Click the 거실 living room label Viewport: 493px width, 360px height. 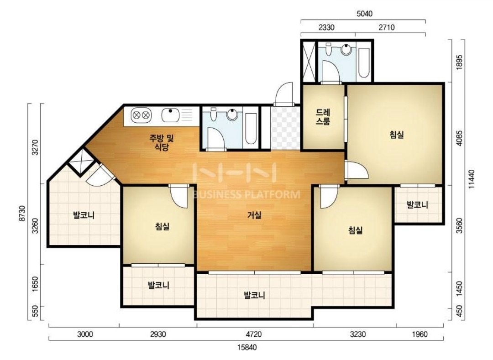pyautogui.click(x=254, y=215)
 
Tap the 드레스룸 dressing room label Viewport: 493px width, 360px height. pyautogui.click(x=323, y=117)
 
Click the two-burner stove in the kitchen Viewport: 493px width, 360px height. pyautogui.click(x=141, y=115)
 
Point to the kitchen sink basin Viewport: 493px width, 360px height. pyautogui.click(x=170, y=115)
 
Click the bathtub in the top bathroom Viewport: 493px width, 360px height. pyautogui.click(x=364, y=63)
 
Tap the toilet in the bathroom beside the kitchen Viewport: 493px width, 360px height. pyautogui.click(x=213, y=115)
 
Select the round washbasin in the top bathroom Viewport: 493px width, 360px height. pyautogui.click(x=346, y=49)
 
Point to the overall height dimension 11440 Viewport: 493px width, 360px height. pyautogui.click(x=471, y=179)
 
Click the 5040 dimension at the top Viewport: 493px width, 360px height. pyautogui.click(x=364, y=14)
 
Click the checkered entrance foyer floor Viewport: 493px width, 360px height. pyautogui.click(x=285, y=128)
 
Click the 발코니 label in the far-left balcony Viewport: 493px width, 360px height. pyautogui.click(x=84, y=215)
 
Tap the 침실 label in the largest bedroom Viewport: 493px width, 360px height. pyautogui.click(x=397, y=135)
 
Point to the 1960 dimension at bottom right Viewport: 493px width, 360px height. pyautogui.click(x=420, y=334)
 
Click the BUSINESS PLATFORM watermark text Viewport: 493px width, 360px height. pyautogui.click(x=246, y=194)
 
